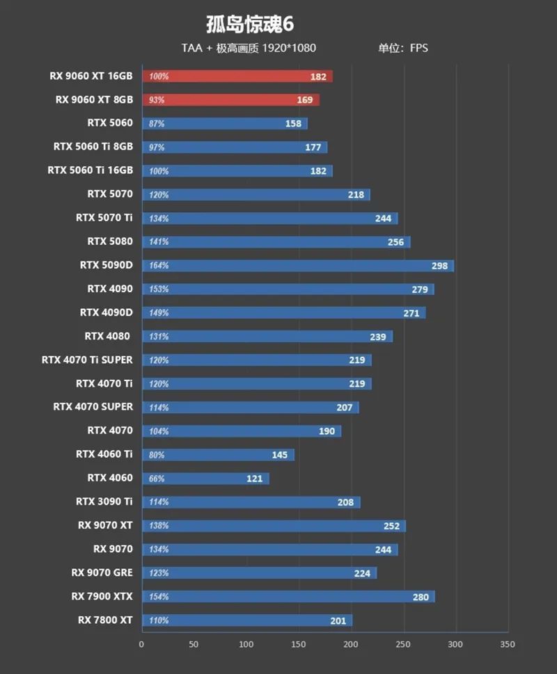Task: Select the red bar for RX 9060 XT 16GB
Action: [x=237, y=77]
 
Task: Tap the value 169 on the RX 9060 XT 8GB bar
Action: [x=304, y=100]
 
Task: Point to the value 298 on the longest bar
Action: [x=439, y=266]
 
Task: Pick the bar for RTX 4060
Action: [x=205, y=479]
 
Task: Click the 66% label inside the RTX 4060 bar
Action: [x=158, y=479]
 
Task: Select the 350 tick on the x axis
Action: [x=508, y=644]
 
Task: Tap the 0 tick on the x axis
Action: [x=142, y=644]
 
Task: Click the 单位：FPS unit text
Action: [x=403, y=48]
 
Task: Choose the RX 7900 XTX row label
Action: [x=102, y=596]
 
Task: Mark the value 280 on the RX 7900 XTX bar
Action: [x=421, y=597]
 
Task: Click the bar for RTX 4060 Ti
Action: [x=218, y=455]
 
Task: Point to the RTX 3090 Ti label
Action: [x=104, y=502]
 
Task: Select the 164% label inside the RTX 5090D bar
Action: [x=159, y=266]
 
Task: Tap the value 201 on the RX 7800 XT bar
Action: [x=338, y=620]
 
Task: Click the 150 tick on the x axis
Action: [x=299, y=644]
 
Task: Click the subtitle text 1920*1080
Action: [x=290, y=48]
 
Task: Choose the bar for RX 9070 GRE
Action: [x=259, y=573]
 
